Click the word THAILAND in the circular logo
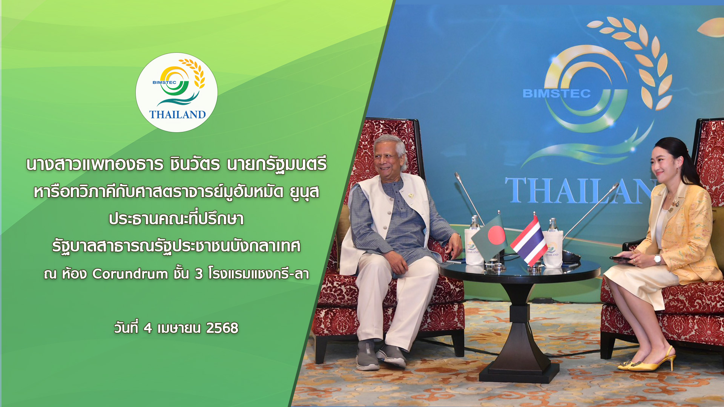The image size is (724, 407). [177, 115]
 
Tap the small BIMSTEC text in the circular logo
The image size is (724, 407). [164, 83]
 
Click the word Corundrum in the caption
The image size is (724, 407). [130, 274]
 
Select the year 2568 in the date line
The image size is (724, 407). [222, 328]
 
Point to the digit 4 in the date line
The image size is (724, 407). [147, 328]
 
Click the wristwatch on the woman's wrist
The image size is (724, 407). [657, 259]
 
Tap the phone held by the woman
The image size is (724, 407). [620, 259]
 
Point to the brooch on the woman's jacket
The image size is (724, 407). [674, 203]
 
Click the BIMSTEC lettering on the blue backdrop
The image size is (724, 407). [557, 93]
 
